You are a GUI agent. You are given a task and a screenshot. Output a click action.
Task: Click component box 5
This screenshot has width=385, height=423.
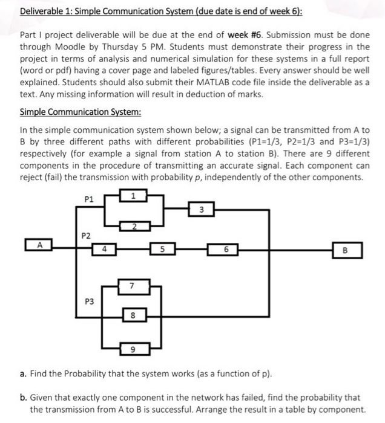(162, 248)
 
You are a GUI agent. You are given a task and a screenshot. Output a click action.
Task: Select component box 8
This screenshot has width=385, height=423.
(133, 314)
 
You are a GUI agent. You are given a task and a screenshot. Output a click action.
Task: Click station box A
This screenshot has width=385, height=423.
(39, 245)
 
